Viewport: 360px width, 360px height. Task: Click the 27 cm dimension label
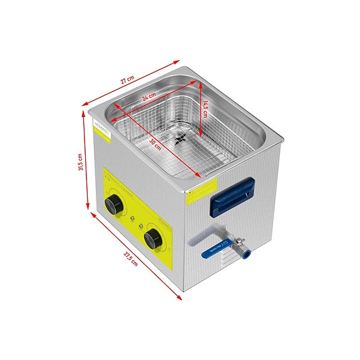(128, 80)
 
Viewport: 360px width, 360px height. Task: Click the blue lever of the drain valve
(217, 249)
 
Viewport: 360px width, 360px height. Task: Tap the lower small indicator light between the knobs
(141, 226)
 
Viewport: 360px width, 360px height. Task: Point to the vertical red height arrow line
(85, 164)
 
